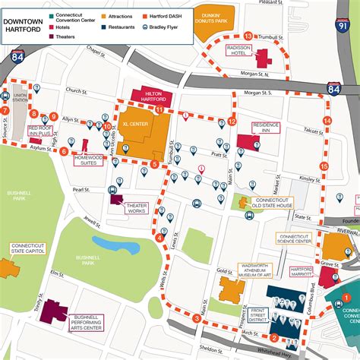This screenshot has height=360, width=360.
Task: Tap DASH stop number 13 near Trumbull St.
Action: (x=248, y=36)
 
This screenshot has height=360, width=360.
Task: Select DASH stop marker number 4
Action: (x=159, y=238)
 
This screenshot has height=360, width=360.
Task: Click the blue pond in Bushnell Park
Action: (x=115, y=245)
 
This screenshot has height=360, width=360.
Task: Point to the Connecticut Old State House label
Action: (x=273, y=202)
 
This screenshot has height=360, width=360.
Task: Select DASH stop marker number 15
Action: (x=324, y=166)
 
